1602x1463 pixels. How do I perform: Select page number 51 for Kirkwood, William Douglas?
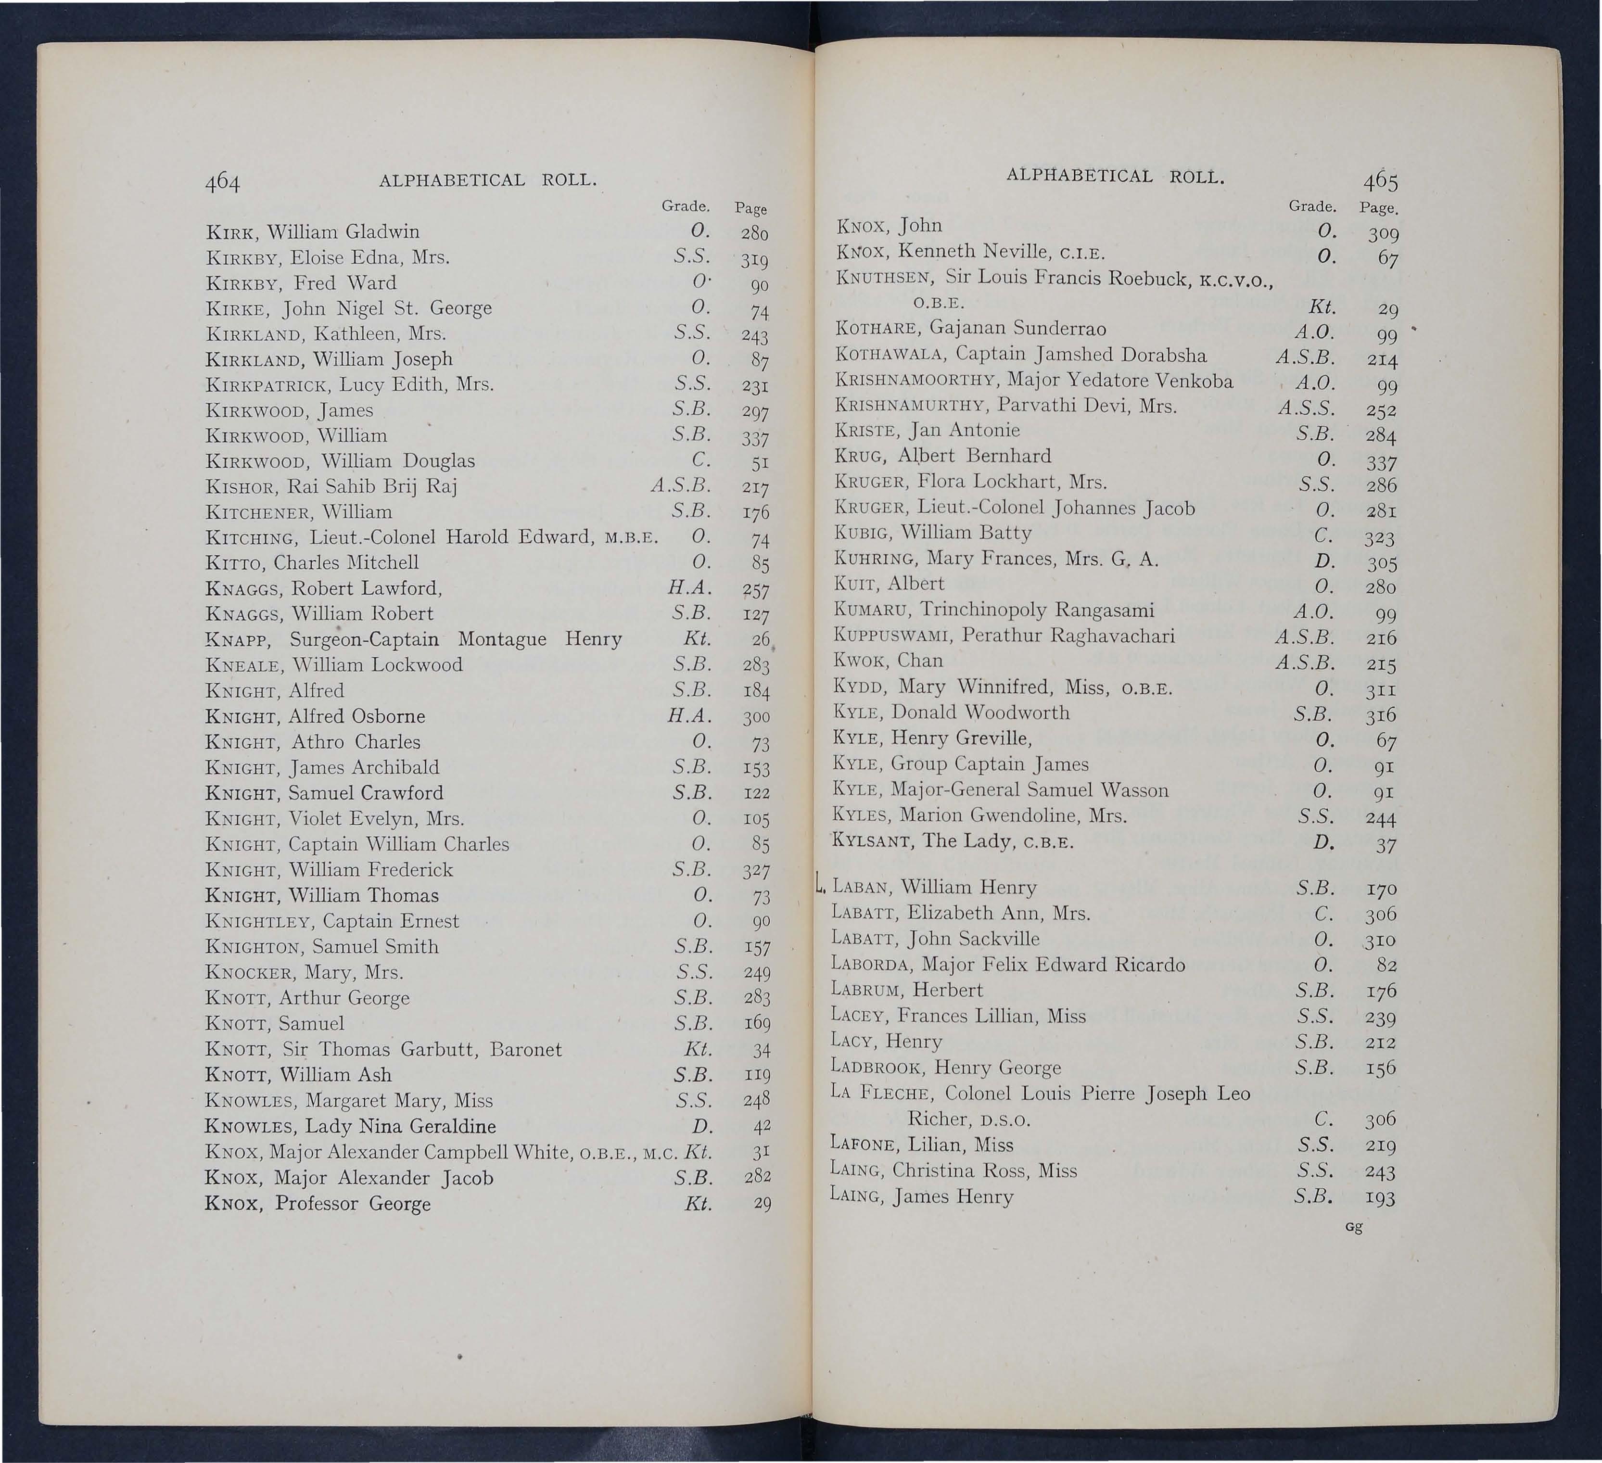point(759,462)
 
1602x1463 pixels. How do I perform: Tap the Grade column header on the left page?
point(685,206)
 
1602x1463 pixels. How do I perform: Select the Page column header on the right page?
point(1379,208)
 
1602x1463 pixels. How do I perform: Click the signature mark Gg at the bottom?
point(1354,1226)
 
